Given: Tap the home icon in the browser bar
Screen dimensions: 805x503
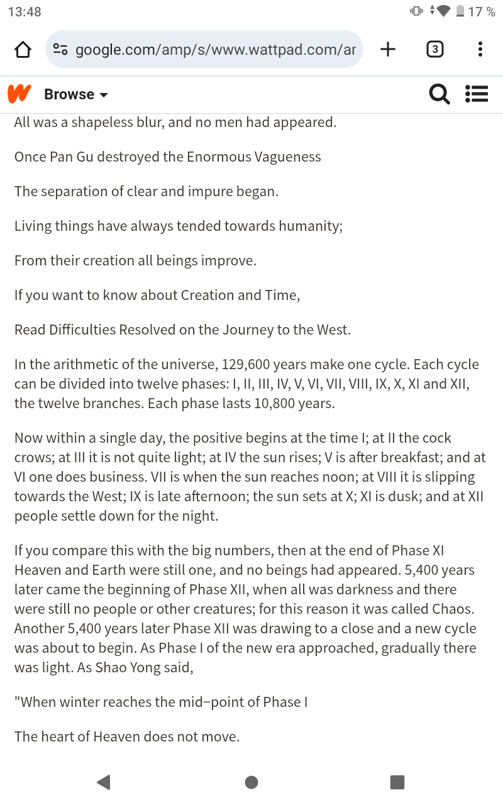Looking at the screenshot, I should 23,50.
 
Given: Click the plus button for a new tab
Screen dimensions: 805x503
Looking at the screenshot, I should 388,49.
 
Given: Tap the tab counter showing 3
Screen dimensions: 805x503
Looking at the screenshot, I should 434,49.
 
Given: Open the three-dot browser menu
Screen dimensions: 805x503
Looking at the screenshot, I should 480,49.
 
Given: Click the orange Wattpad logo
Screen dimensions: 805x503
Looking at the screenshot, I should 19,94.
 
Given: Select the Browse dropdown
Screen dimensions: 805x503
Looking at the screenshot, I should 75,94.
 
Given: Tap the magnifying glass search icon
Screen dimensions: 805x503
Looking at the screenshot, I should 439,94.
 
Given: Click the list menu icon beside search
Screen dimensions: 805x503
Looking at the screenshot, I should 477,94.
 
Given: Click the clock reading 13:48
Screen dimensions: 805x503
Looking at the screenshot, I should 25,11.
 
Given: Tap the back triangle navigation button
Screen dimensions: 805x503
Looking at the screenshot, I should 104,782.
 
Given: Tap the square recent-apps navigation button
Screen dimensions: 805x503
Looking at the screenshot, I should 397,782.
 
